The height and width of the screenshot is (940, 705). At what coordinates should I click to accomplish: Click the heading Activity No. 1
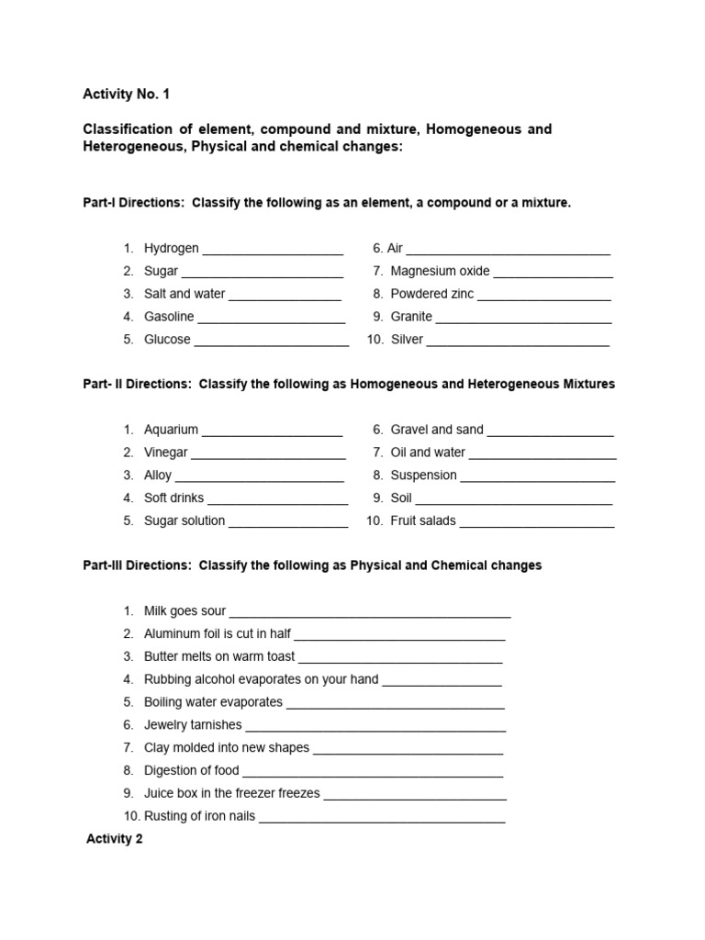[x=126, y=94]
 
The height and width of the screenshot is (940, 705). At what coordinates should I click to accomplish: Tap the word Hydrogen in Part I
[x=171, y=249]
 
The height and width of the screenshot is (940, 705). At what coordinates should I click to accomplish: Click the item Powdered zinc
[x=431, y=295]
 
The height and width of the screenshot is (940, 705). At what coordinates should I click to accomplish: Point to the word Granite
[x=411, y=317]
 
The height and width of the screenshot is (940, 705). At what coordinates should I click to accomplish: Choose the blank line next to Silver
[x=518, y=341]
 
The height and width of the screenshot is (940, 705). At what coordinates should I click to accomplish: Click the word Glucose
[x=167, y=340]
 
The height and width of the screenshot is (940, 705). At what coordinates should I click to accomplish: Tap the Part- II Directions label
[x=137, y=384]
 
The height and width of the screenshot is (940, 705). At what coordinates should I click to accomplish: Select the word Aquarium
[x=171, y=430]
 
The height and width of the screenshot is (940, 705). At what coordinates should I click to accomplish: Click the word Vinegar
[x=165, y=453]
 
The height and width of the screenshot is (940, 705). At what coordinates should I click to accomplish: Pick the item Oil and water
[x=428, y=453]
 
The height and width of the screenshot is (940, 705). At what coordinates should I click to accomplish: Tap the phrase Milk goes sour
[x=185, y=611]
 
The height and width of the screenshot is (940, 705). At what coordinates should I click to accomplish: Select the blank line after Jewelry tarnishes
[x=375, y=726]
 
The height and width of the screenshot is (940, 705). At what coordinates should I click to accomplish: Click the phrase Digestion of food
[x=191, y=771]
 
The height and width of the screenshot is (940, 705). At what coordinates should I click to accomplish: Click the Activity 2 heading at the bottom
[x=115, y=839]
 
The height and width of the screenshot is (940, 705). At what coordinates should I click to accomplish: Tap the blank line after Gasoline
[x=271, y=318]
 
